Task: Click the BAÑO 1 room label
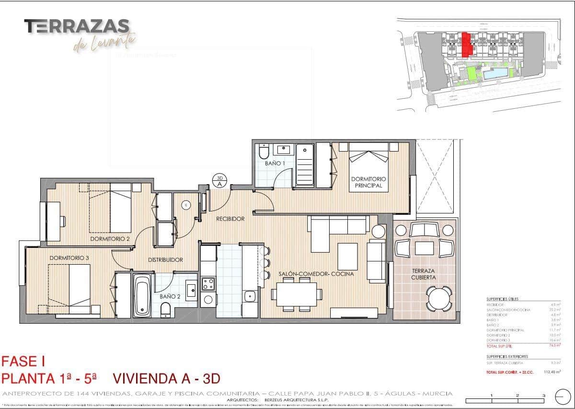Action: [275, 164]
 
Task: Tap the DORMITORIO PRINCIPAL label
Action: [368, 182]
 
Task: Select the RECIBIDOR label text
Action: [230, 219]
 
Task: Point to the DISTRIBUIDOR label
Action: [165, 260]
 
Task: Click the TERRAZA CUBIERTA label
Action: [424, 274]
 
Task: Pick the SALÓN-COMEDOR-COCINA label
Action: [316, 274]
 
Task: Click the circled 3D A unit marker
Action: [219, 180]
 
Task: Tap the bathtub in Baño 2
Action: [142, 294]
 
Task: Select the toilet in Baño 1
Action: [264, 152]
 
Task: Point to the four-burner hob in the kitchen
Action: [208, 284]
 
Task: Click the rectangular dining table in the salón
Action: [296, 293]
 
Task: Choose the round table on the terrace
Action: [439, 299]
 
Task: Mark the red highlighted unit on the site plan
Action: [466, 45]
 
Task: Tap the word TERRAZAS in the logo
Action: [77, 26]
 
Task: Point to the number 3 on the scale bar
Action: [543, 396]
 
